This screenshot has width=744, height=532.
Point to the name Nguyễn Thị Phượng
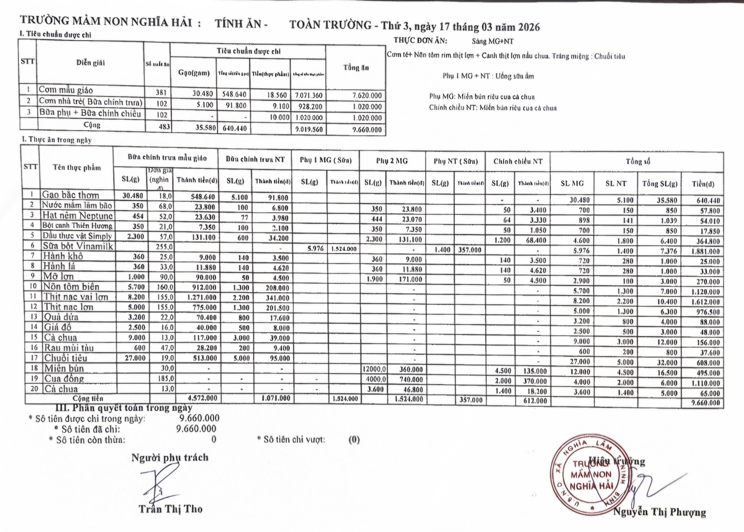pos(659,512)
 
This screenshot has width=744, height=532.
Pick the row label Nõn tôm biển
pos(71,287)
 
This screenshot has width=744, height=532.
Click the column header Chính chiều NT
pos(518,161)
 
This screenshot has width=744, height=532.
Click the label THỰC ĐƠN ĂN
pos(420,41)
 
